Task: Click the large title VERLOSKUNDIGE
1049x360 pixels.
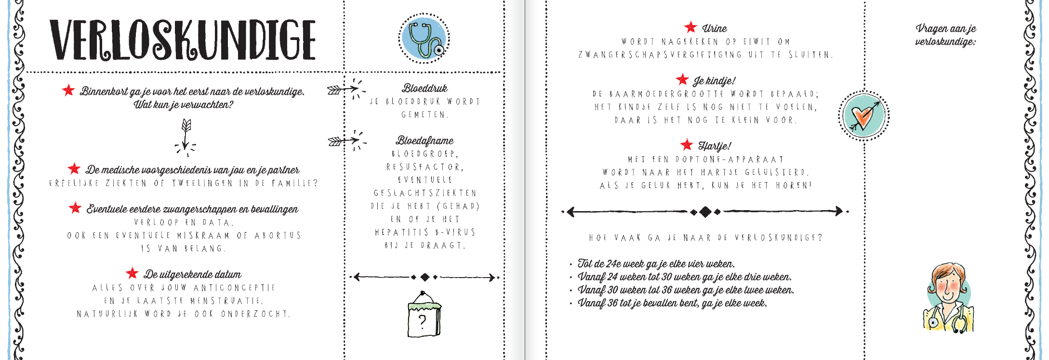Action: tap(183, 40)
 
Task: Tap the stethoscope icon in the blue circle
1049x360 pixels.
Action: tap(424, 39)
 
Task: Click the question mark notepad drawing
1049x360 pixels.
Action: tap(424, 314)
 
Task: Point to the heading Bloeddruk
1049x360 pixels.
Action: tap(425, 88)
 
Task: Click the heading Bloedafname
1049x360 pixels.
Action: tap(425, 141)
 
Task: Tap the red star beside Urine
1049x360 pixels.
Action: tap(690, 27)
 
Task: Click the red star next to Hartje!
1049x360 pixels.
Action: tap(687, 144)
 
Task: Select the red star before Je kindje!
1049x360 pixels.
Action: tap(682, 79)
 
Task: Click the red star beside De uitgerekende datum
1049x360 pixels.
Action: tap(132, 273)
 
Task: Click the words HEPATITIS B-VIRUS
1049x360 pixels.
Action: tap(425, 232)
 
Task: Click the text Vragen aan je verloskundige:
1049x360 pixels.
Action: tap(945, 35)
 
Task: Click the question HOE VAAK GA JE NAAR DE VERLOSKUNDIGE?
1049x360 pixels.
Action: tap(705, 238)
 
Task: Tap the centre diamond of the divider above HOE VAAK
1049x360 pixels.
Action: tap(705, 212)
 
